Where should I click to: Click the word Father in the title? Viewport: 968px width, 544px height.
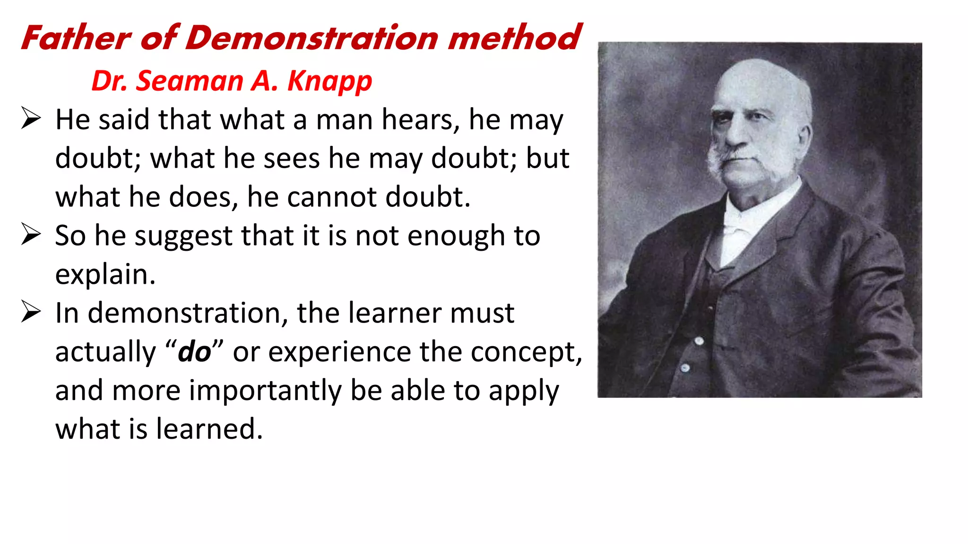76,38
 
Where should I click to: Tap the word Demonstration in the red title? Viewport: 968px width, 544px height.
312,38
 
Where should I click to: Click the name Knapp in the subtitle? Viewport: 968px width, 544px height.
329,81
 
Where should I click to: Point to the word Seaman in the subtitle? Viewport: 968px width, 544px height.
189,81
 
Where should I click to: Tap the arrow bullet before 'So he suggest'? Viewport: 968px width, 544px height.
31,234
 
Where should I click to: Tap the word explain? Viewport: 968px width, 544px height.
105,275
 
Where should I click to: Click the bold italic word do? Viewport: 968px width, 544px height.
194,352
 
